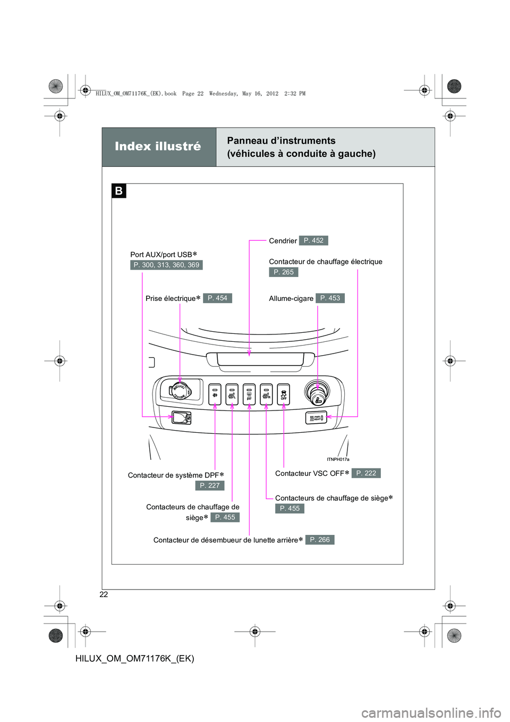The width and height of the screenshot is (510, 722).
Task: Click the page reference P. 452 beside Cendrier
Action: [x=313, y=240]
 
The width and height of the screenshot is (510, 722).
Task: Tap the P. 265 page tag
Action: [x=283, y=272]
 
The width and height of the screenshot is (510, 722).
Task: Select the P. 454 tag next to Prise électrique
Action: [x=217, y=298]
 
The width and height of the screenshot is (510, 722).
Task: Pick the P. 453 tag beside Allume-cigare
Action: [x=330, y=298]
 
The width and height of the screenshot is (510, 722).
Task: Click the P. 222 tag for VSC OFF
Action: [x=366, y=473]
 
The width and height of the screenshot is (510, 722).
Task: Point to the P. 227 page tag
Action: [x=210, y=485]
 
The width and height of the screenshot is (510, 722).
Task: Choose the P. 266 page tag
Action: [x=320, y=540]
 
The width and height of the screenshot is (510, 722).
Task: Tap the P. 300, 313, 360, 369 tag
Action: [x=166, y=265]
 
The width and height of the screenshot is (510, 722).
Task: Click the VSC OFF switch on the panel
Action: [x=284, y=394]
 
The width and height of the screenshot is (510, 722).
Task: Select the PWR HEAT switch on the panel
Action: [x=316, y=418]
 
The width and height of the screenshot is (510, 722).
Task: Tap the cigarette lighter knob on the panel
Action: [x=318, y=393]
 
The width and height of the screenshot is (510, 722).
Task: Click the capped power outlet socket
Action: [x=180, y=391]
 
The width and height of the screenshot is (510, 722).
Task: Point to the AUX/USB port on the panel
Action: [x=181, y=418]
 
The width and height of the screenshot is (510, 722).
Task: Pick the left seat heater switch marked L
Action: [x=232, y=394]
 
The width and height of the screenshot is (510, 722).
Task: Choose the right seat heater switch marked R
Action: [x=266, y=394]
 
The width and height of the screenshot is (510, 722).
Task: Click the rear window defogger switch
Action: [x=249, y=394]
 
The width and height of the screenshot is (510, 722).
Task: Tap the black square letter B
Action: [x=118, y=191]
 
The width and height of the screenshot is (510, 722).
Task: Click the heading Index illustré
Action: [x=158, y=146]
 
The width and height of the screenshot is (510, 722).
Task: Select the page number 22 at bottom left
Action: [x=104, y=594]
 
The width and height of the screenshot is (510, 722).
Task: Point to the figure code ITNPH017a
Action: [x=338, y=459]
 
